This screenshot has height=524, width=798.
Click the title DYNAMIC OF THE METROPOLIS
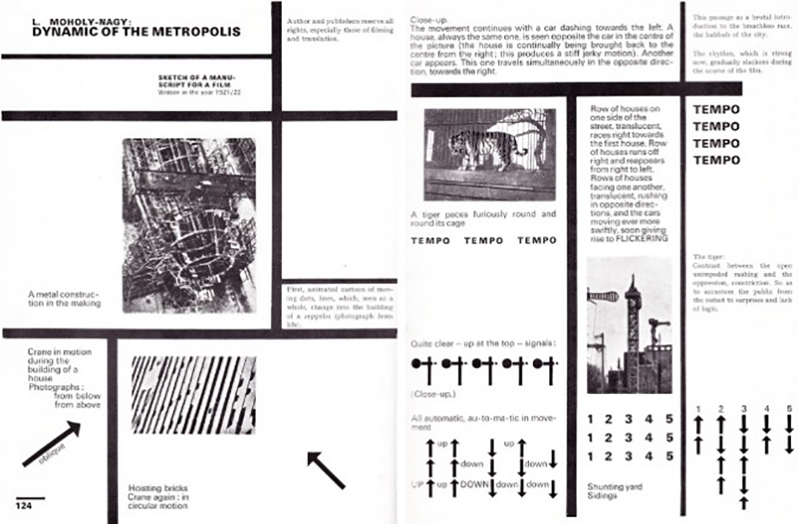[x=136, y=31]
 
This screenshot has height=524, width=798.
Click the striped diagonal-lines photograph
[x=194, y=385]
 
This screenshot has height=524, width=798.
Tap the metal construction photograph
[x=189, y=225]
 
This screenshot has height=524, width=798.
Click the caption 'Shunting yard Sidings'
[x=614, y=490]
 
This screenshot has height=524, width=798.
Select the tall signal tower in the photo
[x=633, y=329]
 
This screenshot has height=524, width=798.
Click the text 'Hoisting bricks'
[x=157, y=488]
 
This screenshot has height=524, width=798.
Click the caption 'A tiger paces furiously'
[x=483, y=218]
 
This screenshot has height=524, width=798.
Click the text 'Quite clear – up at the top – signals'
[x=483, y=344]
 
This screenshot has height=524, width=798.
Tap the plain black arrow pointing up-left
[x=326, y=470]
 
